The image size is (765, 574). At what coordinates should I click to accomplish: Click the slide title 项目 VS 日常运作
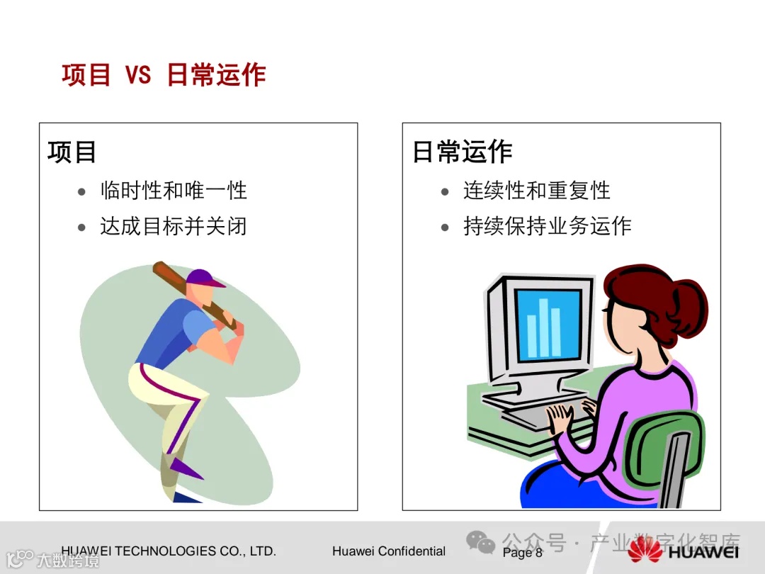tap(164, 75)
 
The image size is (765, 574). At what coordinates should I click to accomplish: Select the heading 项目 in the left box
tap(72, 152)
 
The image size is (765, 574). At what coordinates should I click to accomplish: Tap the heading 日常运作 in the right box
tap(462, 152)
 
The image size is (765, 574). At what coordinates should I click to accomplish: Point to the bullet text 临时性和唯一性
tap(174, 191)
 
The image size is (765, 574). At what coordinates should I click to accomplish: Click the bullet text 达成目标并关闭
tap(174, 227)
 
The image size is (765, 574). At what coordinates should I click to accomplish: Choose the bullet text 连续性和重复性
tap(536, 191)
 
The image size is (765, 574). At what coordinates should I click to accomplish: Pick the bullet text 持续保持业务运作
tap(547, 227)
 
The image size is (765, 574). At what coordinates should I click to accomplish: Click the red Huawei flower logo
tap(645, 551)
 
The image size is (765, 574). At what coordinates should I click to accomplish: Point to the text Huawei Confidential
tap(389, 551)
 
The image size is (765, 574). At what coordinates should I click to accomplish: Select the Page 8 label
tap(522, 553)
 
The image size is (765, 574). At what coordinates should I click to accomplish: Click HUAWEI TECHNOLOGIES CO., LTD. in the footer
tap(169, 551)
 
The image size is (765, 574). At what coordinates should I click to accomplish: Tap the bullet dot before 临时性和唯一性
tap(82, 192)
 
